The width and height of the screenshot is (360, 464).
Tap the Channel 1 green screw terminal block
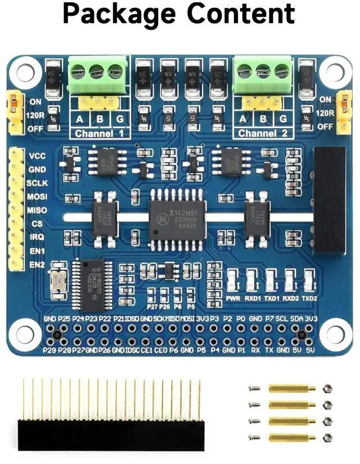point(96,75)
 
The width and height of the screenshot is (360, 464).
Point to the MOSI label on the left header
point(37,197)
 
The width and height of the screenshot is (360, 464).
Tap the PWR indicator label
point(233,297)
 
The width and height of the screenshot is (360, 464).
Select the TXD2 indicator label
point(309,297)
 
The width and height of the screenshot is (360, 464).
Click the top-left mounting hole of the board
point(24,72)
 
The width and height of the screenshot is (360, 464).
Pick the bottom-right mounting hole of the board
point(334,333)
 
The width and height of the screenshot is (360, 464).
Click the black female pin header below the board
point(111,432)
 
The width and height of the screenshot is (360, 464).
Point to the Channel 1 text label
point(99,134)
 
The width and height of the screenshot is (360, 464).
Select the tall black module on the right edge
point(329,200)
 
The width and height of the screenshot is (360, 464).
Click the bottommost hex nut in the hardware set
point(327,438)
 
